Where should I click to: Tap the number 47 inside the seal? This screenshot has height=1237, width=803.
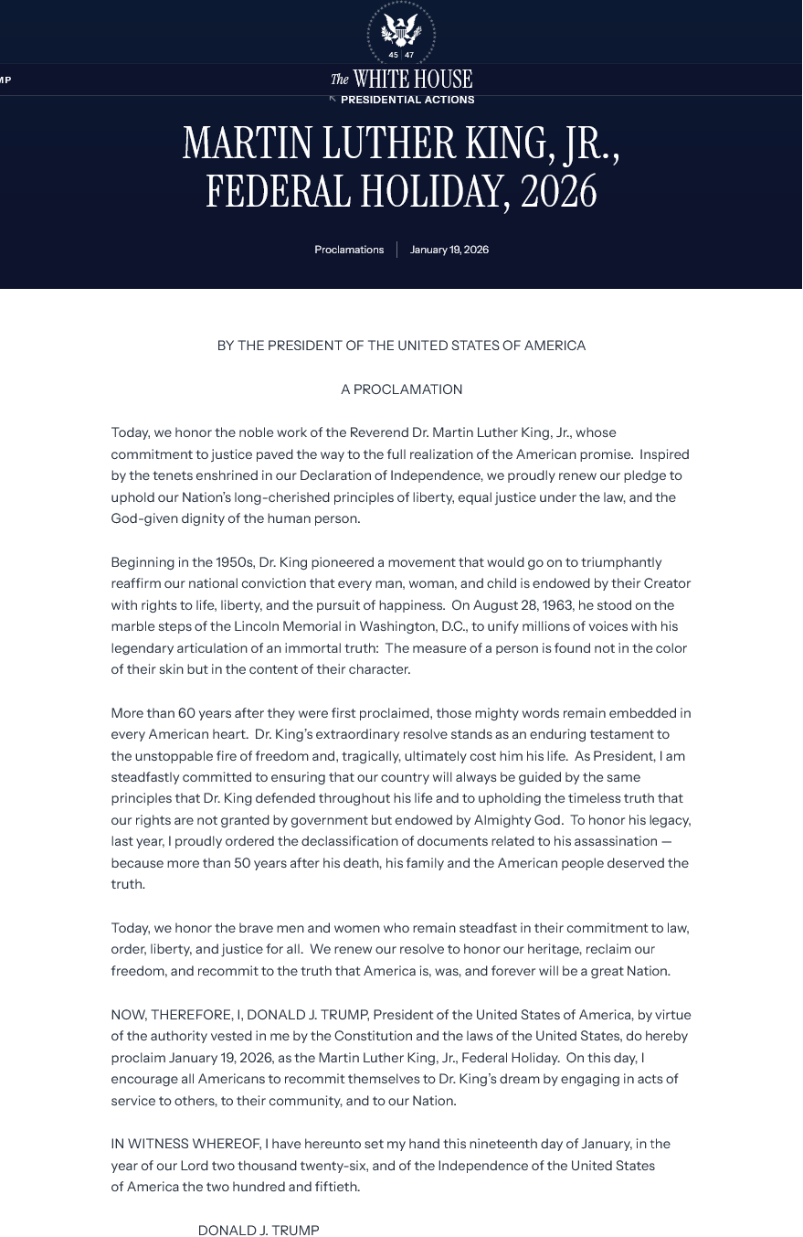pos(409,56)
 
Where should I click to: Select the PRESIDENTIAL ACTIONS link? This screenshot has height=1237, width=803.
pos(407,100)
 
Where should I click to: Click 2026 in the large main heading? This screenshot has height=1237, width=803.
pos(558,192)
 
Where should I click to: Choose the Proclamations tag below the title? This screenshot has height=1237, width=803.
pos(349,250)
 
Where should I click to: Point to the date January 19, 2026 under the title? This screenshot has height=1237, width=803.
pos(449,250)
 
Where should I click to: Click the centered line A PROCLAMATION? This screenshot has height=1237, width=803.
pos(402,389)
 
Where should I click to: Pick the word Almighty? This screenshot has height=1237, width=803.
pos(505,821)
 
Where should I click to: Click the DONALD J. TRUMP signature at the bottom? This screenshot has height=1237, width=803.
pos(259,1231)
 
